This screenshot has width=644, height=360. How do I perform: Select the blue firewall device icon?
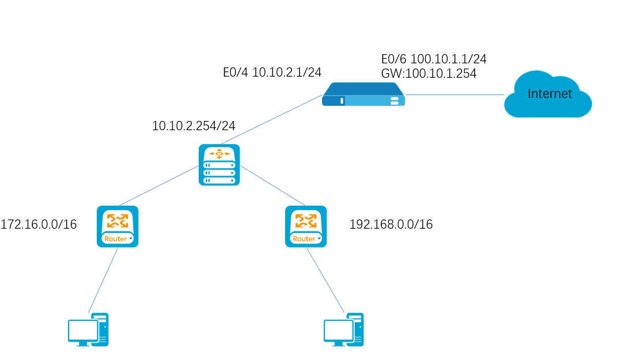[363, 94]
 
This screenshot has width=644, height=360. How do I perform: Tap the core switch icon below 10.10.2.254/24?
[219, 165]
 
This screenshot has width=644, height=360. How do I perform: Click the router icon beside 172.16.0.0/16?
[118, 226]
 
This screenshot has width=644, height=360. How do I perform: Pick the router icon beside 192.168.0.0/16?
[306, 226]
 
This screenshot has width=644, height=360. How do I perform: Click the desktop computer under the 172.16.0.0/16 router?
[88, 330]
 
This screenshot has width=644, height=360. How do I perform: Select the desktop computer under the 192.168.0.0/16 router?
[343, 330]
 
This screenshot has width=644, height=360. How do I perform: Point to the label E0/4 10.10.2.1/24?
[272, 72]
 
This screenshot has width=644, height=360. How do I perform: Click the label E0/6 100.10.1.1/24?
[434, 59]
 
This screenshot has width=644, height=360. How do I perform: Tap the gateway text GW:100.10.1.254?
[429, 73]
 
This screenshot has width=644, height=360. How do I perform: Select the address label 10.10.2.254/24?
[194, 126]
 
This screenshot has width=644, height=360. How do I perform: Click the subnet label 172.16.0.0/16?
[39, 224]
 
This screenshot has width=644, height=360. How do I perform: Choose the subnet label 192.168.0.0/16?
[391, 224]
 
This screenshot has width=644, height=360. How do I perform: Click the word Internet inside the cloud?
[550, 94]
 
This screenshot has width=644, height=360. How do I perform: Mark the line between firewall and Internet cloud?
[455, 95]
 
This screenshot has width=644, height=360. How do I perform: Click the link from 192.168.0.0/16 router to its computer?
[325, 281]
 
